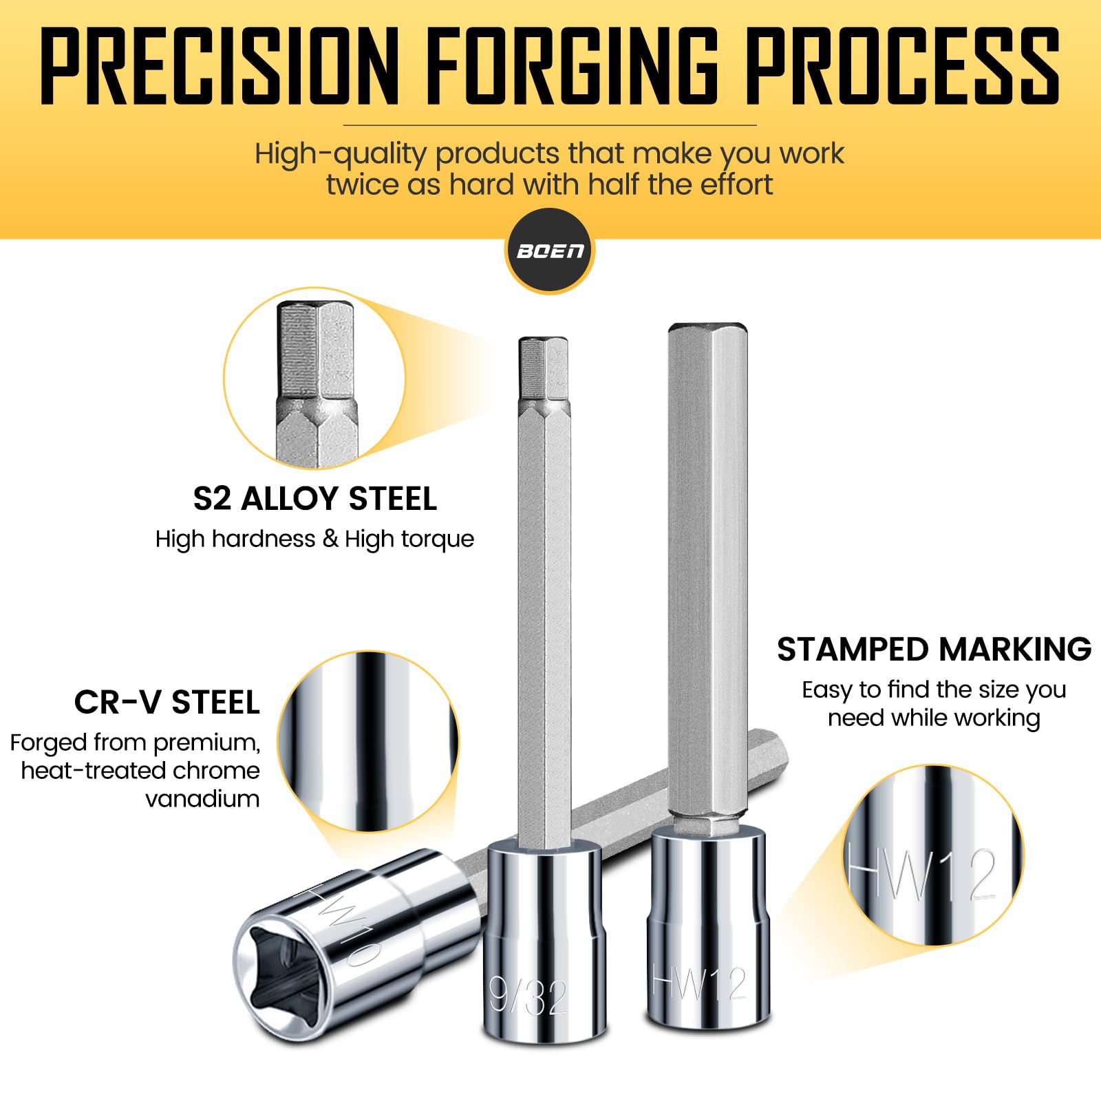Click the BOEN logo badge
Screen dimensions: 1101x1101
[550, 250]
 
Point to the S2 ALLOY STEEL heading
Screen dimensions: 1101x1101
[315, 499]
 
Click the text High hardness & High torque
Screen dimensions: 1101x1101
[314, 539]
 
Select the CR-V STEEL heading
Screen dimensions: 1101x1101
[167, 703]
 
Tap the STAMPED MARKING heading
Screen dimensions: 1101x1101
[934, 649]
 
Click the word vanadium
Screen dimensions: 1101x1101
[202, 799]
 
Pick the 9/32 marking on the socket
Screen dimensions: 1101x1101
[528, 996]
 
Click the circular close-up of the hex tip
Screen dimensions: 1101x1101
[314, 378]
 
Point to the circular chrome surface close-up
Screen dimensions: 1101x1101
[369, 742]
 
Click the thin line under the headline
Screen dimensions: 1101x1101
[550, 125]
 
